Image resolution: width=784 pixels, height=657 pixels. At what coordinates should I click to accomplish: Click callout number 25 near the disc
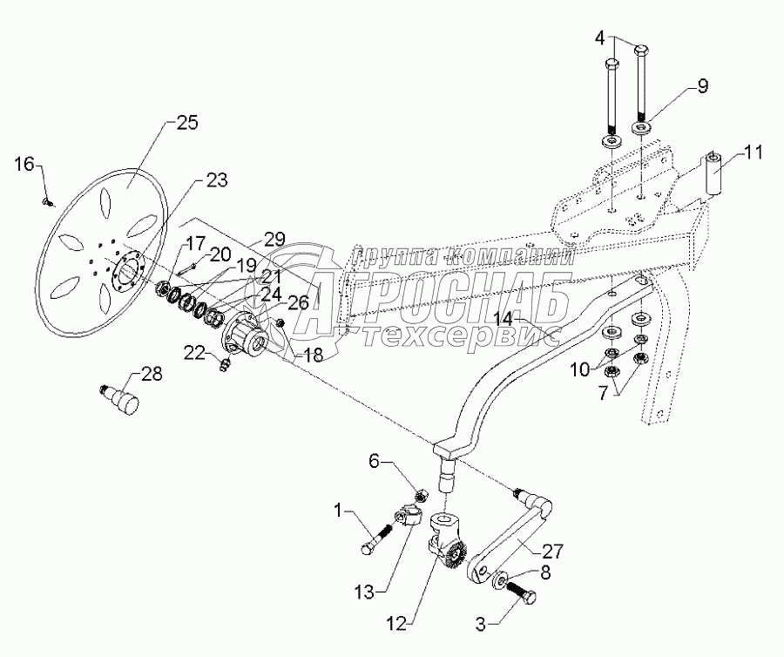[x=186, y=123]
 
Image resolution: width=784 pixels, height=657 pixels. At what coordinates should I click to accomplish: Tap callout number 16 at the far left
[x=27, y=162]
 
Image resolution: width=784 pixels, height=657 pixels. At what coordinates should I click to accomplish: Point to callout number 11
[x=754, y=153]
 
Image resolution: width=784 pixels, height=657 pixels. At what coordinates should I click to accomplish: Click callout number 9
[x=701, y=86]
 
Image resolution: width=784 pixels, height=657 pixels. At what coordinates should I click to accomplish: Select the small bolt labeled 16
[x=48, y=201]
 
